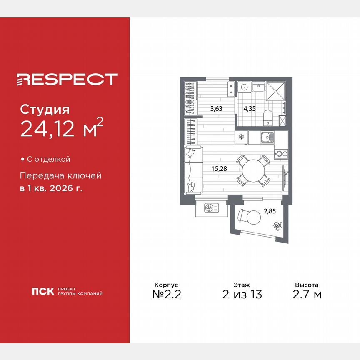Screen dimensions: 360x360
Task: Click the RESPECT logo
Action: click(67, 79)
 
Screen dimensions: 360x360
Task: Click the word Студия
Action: click(44, 110)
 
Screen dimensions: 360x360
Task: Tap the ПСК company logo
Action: click(42, 291)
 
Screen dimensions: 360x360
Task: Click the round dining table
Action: click(253, 170)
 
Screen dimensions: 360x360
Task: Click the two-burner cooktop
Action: click(281, 153)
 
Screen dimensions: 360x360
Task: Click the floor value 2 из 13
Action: click(242, 295)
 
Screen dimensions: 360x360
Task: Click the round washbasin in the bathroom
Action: click(244, 88)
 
